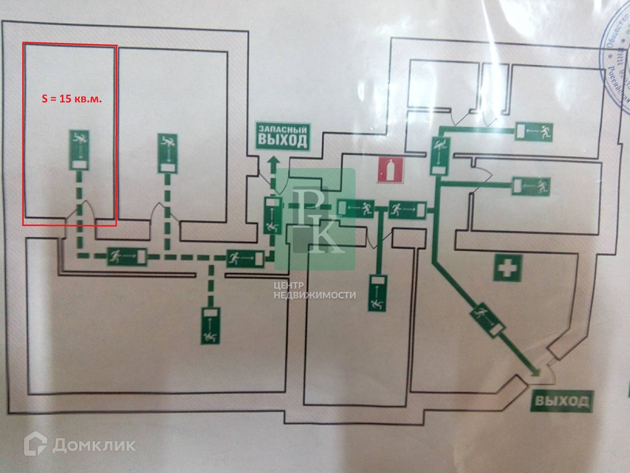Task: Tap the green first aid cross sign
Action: pos(506,270)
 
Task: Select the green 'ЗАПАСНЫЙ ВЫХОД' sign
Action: pos(283,136)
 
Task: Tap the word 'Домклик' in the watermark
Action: pos(94,445)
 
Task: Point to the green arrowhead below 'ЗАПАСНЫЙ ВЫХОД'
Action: pos(272,160)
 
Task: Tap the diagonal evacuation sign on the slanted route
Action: pos(488,322)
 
